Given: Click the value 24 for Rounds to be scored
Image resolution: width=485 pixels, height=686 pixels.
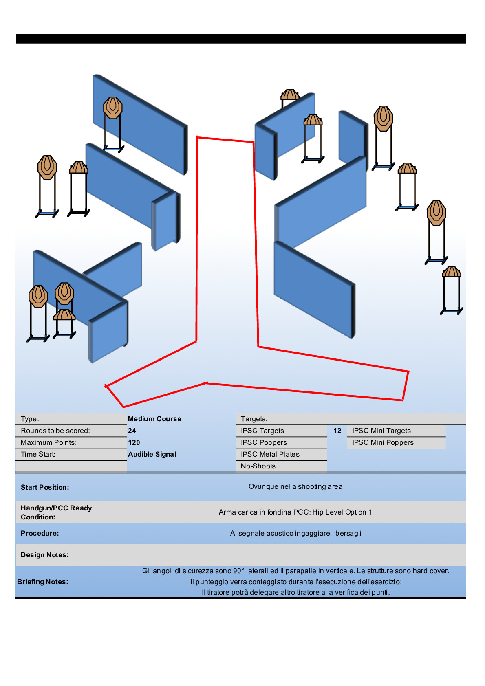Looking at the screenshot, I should tap(132, 431).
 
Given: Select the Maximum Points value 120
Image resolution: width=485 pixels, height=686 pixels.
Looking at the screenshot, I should tap(134, 442).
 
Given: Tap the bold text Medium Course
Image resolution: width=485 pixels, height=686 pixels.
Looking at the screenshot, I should tap(154, 419).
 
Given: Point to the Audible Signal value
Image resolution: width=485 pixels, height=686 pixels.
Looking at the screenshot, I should tap(152, 454).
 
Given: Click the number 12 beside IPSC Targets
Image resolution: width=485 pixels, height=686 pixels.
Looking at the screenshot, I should tap(337, 431).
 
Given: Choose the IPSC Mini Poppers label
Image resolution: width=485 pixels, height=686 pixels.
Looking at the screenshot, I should tap(383, 442).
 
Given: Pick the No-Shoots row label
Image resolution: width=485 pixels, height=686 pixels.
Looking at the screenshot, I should tap(258, 466).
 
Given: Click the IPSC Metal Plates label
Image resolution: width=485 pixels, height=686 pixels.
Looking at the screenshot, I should tap(270, 454).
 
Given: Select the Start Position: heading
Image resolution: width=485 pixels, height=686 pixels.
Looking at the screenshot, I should tap(45, 487).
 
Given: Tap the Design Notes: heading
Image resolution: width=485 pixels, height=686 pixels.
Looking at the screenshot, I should tap(45, 555).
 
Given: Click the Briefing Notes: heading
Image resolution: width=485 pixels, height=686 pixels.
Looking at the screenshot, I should tap(43, 582).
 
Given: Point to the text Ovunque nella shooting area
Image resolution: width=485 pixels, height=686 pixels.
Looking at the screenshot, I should tap(295, 486).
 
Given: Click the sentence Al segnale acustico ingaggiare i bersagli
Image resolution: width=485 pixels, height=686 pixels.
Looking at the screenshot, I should tap(295, 533).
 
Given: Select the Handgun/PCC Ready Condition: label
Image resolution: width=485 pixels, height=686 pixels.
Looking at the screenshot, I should tap(56, 512).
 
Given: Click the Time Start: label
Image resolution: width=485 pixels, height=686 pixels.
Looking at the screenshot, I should tap(38, 454).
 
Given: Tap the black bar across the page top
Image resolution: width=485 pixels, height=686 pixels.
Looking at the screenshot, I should tap(240, 39).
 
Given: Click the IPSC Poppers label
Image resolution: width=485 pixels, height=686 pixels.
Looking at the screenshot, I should tap(264, 442).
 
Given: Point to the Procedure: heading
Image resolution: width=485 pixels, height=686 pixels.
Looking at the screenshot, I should tap(40, 533).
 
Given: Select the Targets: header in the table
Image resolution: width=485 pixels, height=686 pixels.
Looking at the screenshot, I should tap(254, 419).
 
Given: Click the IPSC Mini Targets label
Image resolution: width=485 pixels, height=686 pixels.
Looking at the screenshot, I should tap(381, 431).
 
